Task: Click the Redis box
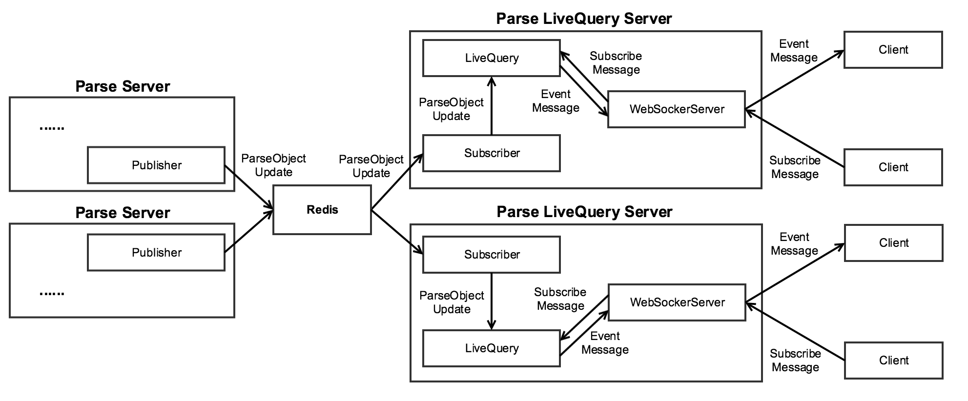[x=322, y=210]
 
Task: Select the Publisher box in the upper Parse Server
[x=156, y=165]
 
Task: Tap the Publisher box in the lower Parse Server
[x=156, y=252]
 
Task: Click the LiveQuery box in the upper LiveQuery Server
[x=491, y=58]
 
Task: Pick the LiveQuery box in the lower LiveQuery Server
[x=491, y=348]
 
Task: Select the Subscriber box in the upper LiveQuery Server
[x=491, y=153]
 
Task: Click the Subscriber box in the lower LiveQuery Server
[x=491, y=255]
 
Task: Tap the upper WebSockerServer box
[x=676, y=109]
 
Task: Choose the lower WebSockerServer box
[x=677, y=302]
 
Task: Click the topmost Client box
[x=893, y=50]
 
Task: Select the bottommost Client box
[x=893, y=361]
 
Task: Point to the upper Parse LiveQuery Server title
[x=584, y=19]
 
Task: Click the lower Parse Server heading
[x=123, y=213]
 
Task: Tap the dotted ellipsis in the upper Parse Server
[x=52, y=128]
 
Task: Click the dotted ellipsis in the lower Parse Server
[x=52, y=294]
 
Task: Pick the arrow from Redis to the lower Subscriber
[x=396, y=232]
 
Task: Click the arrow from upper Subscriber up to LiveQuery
[x=491, y=105]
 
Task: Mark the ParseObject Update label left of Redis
[x=273, y=165]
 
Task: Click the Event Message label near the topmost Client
[x=794, y=51]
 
